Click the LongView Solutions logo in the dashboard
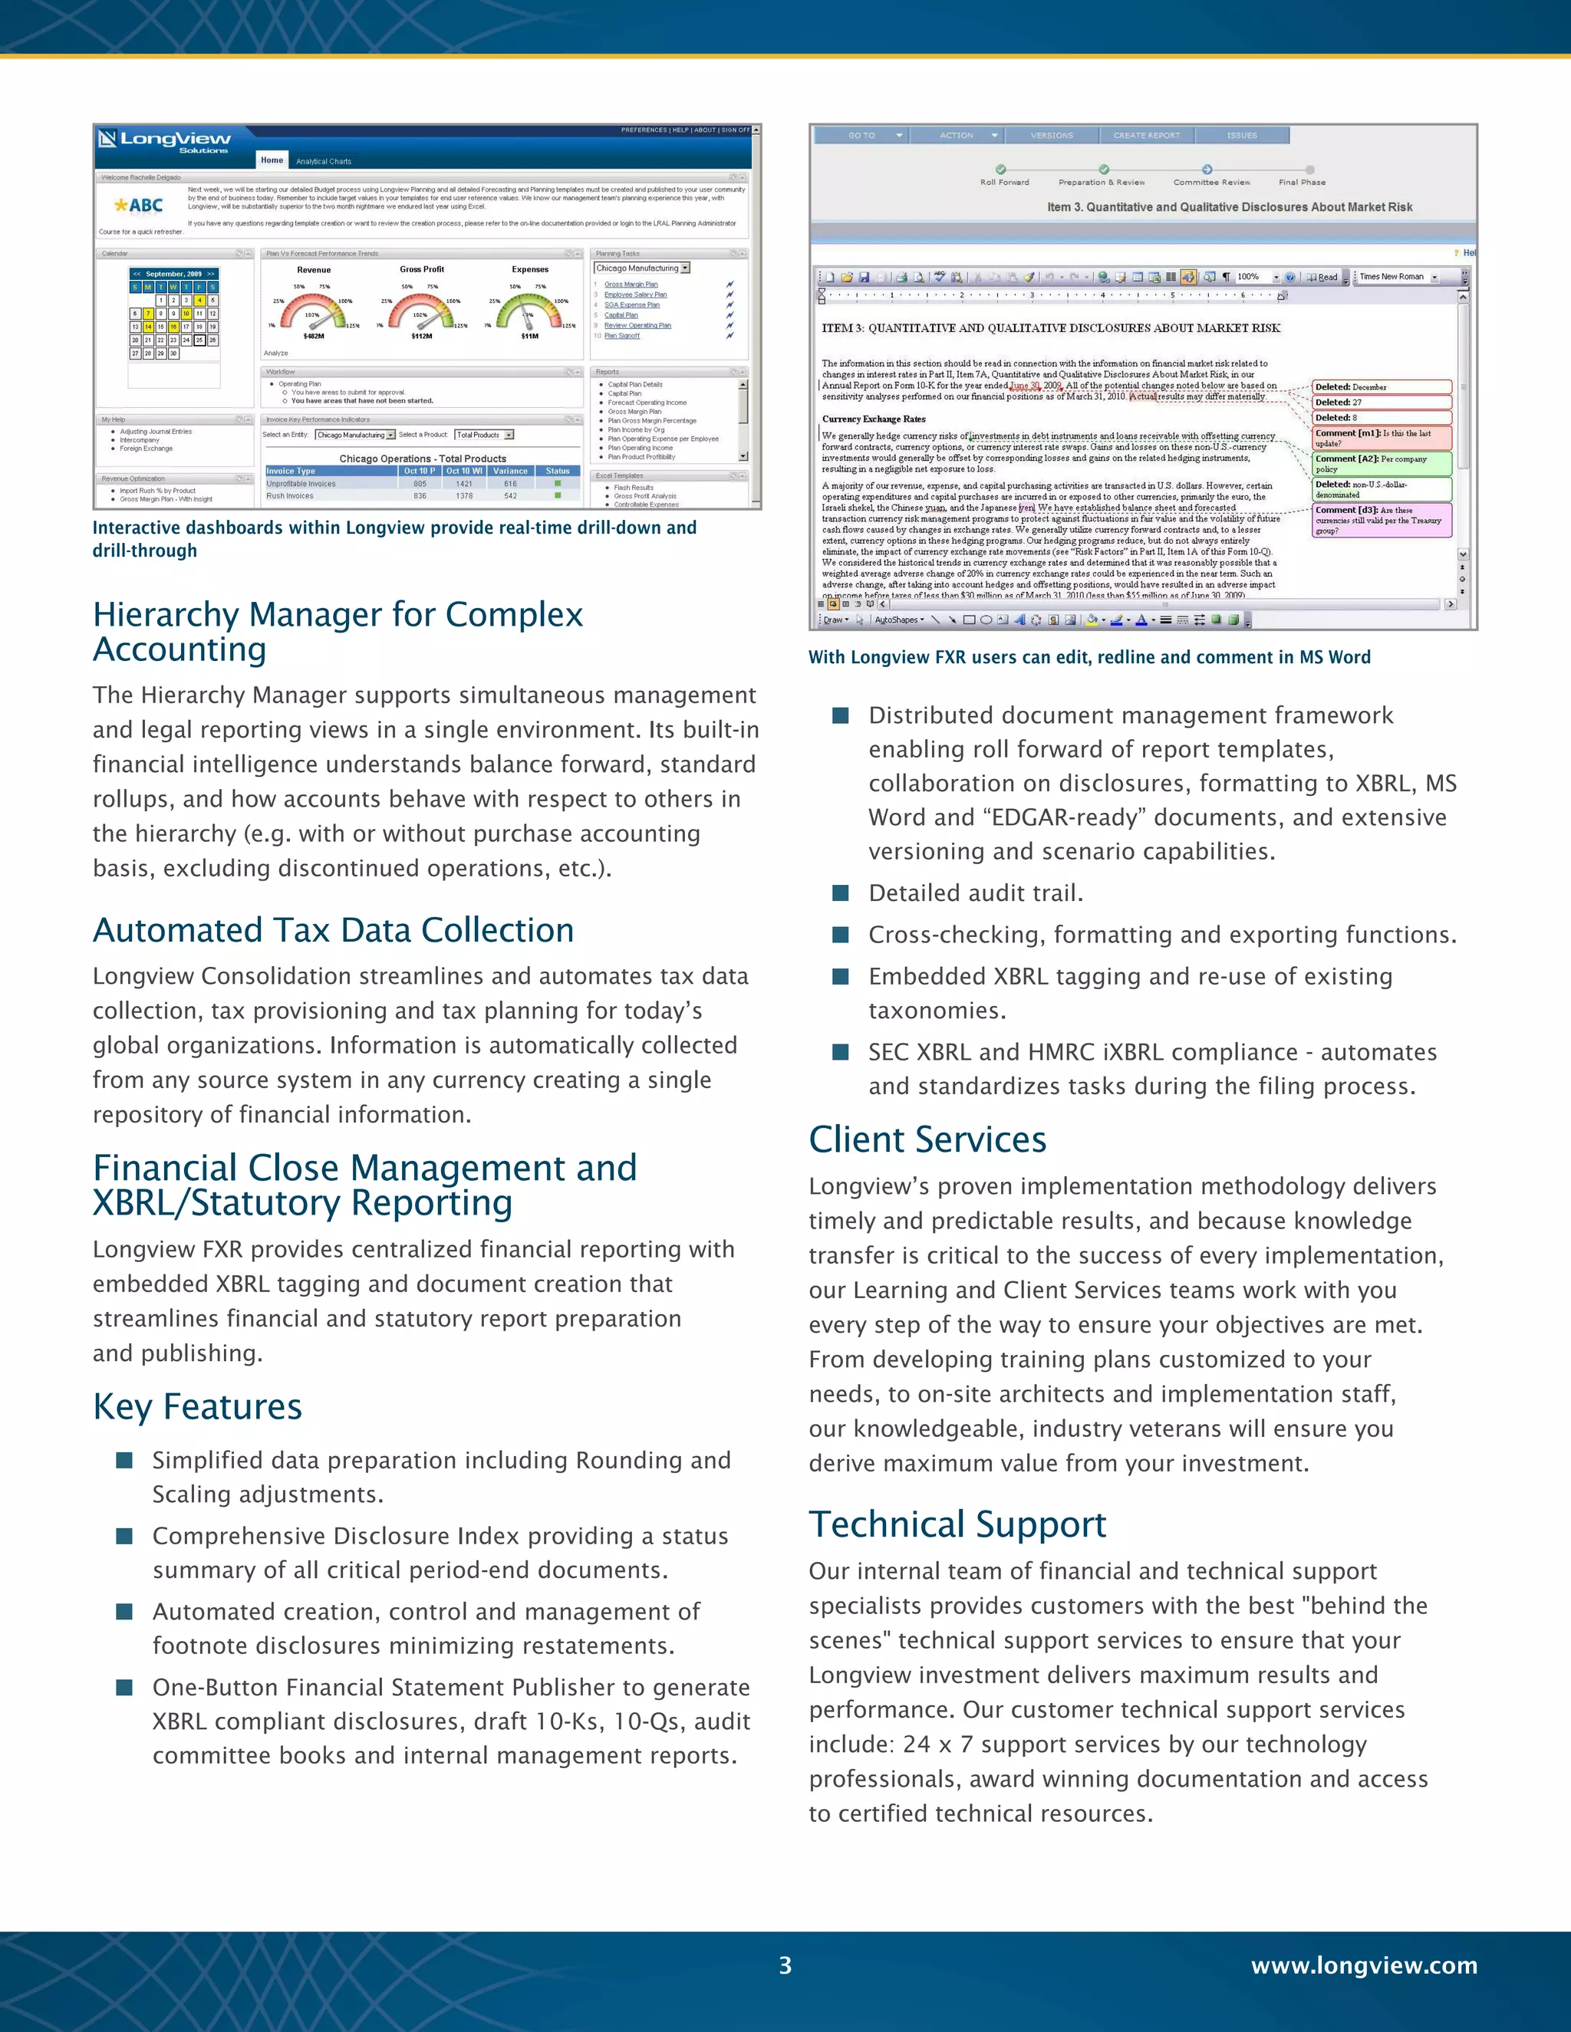pos(165,141)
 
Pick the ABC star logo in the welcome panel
pos(139,206)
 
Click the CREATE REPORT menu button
pos(1146,136)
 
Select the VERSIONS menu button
pos(1052,136)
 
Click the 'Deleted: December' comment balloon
pos(1381,387)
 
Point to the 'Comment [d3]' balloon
pos(1381,520)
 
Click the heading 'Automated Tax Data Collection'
pos(333,930)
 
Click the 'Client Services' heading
pos(927,1139)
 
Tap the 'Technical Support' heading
pos(957,1524)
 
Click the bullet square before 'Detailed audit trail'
pos(841,893)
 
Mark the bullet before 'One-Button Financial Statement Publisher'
pos(124,1687)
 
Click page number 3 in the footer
pos(785,1965)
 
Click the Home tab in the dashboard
pos(272,160)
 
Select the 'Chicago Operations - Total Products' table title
pos(423,459)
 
